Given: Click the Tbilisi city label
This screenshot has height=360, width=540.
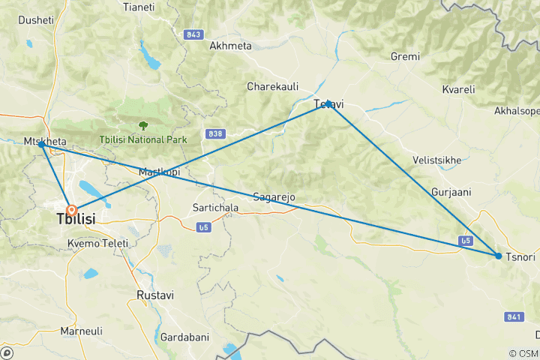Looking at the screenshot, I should [x=79, y=219].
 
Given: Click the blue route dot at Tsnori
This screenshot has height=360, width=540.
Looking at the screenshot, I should [x=499, y=256].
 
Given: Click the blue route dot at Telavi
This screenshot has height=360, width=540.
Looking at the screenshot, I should [x=328, y=103].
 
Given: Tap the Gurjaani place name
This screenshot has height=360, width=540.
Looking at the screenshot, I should [x=451, y=192].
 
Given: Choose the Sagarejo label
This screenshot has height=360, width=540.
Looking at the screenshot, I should [x=274, y=197].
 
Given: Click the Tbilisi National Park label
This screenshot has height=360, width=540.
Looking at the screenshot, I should [x=143, y=140].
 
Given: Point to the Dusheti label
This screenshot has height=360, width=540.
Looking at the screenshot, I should [x=35, y=20].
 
